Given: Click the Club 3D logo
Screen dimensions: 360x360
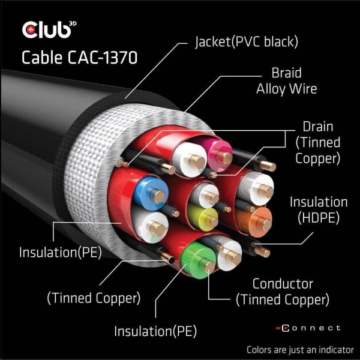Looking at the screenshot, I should tap(47, 29).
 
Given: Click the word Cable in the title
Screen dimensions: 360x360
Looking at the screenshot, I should tap(40, 58).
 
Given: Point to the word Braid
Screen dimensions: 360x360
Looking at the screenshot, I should tap(286, 75).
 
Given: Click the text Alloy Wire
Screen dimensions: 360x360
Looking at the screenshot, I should tap(286, 89).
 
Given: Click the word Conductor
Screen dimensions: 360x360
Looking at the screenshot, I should tap(283, 283).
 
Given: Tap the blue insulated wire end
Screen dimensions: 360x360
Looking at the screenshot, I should tap(149, 191).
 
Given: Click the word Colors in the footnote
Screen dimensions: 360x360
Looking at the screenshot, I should tap(263, 349).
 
